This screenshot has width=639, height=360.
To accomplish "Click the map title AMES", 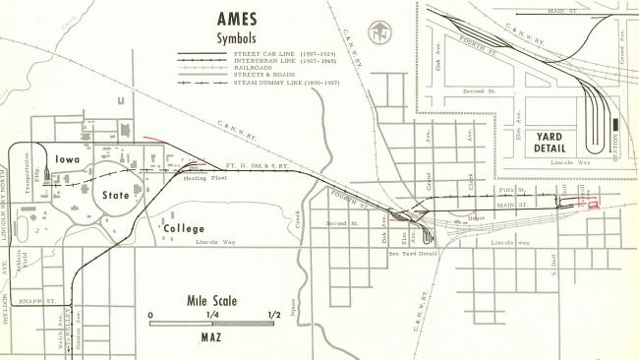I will [x=243, y=19].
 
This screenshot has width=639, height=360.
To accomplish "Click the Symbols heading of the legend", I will [x=242, y=37].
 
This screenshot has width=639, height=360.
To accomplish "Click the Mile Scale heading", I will [x=211, y=301].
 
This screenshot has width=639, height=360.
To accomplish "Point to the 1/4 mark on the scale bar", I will [x=211, y=315].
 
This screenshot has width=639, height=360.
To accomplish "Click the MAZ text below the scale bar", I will [x=211, y=336].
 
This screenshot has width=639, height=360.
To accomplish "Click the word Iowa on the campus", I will [x=69, y=163].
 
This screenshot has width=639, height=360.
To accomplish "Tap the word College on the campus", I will [x=184, y=228].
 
